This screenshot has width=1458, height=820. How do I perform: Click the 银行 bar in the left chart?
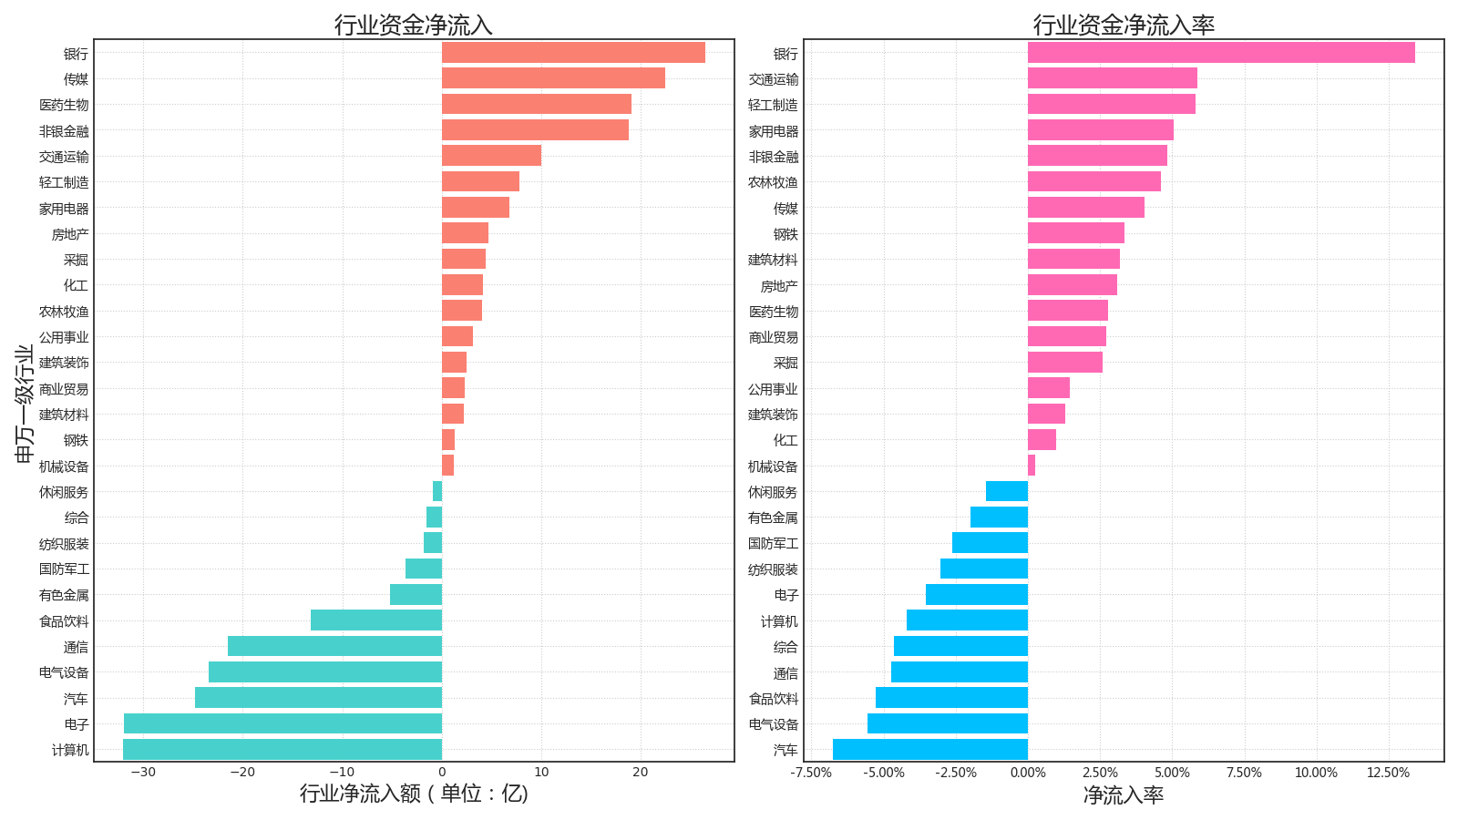point(573,53)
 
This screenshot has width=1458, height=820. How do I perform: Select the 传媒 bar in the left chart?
point(553,78)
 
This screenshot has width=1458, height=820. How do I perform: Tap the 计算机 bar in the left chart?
point(282,750)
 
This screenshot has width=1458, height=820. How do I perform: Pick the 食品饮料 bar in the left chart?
point(376,620)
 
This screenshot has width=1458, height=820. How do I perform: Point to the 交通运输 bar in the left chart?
point(491,156)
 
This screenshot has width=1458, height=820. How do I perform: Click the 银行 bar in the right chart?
point(1221,53)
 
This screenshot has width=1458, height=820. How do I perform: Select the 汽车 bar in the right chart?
point(930,750)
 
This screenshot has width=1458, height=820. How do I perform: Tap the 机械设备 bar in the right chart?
point(1032,466)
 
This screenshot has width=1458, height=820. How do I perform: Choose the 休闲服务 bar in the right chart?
point(1007,491)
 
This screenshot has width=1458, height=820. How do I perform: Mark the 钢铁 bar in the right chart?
point(1076,233)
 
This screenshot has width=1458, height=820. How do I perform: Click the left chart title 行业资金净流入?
point(414,25)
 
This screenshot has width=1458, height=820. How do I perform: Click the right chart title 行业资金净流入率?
point(1124,25)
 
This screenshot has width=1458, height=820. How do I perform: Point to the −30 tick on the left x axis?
point(143,773)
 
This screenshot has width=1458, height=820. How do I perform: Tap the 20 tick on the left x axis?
point(641,773)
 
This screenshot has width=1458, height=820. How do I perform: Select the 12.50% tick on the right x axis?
point(1388,773)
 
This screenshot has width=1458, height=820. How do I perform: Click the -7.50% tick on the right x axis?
point(811,773)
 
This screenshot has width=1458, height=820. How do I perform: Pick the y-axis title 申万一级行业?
point(25,403)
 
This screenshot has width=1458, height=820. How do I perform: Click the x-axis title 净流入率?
point(1124,795)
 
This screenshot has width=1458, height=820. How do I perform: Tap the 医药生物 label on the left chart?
point(64,105)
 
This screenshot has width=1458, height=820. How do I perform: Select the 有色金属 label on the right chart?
point(773,518)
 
